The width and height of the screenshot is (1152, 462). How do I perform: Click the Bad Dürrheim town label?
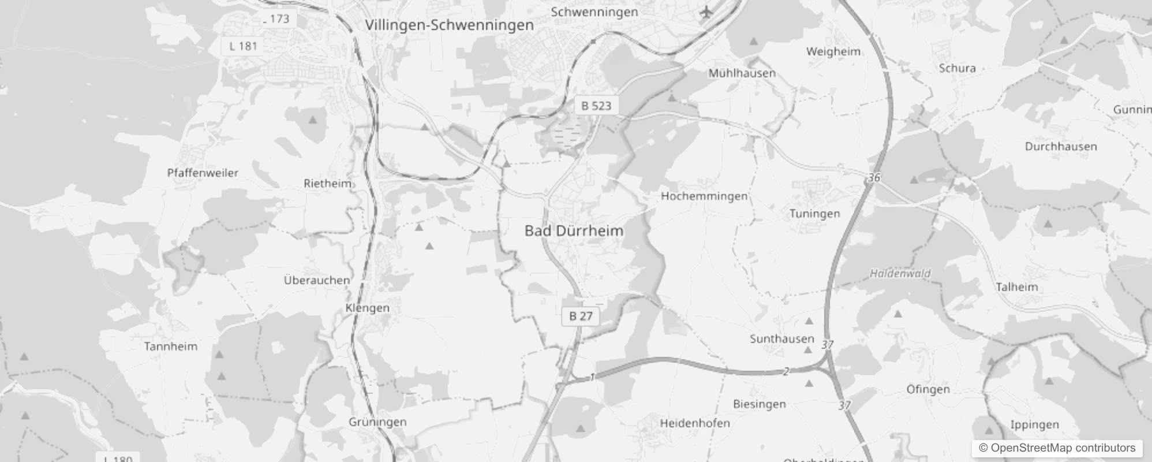coord(574,231)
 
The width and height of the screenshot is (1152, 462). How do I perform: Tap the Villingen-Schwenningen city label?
coord(449,25)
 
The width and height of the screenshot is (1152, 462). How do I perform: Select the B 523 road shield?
coord(596,106)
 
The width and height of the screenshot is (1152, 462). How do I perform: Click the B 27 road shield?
coord(581,316)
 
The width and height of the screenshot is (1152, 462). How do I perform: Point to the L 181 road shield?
coord(243,46)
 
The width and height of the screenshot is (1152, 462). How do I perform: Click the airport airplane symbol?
coord(705,12)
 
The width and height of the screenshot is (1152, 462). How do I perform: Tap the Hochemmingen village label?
coord(704,196)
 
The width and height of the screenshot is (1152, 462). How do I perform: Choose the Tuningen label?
coord(814,214)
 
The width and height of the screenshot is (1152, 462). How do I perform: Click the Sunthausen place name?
coord(781,339)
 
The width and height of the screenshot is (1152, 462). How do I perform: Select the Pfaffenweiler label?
coord(203,173)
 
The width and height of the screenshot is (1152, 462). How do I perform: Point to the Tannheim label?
coord(170,346)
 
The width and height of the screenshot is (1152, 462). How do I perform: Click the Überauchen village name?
coord(317,281)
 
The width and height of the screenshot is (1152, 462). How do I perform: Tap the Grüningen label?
coord(377,422)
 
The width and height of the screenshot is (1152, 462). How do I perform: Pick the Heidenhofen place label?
coord(695,423)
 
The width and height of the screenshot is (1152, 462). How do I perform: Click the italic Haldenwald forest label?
coord(900,273)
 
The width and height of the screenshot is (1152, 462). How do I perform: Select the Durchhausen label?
coord(1061,147)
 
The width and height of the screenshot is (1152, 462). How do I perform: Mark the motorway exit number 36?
coord(874,178)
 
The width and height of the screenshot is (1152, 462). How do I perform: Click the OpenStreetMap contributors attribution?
coord(1057,448)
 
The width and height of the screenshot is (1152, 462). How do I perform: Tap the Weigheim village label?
coord(833,51)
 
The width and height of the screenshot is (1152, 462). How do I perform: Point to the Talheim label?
coord(1016,287)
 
